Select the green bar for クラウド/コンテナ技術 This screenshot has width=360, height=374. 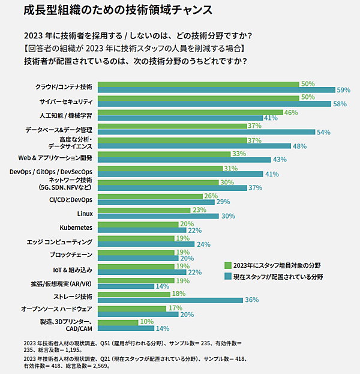[x=198, y=84]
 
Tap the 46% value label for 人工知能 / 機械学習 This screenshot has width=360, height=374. [x=291, y=112]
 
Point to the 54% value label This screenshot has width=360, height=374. [x=323, y=132]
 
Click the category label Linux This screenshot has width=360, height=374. [x=84, y=213]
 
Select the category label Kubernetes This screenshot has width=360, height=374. [x=76, y=228]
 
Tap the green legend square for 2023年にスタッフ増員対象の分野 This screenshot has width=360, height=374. [x=227, y=265]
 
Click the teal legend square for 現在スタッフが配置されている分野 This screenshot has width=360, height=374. [x=227, y=277]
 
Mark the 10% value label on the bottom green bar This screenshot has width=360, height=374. [x=146, y=322]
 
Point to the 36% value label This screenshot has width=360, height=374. [x=251, y=300]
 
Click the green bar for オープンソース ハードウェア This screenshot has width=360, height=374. [x=131, y=308]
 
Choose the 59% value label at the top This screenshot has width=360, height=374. [x=343, y=90]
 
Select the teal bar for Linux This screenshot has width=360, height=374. [x=158, y=216]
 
